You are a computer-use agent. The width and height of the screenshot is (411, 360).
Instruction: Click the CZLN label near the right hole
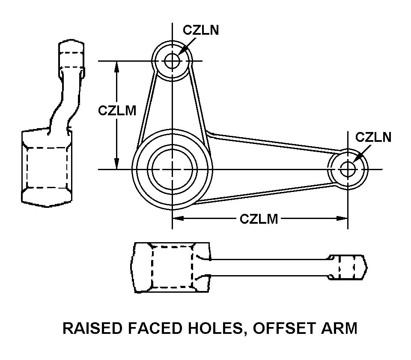coord(373,137)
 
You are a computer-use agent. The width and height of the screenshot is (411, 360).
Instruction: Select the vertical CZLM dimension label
coord(117,111)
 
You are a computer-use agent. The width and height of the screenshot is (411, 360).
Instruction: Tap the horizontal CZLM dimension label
coord(259,219)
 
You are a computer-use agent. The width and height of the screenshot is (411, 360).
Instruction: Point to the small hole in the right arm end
coord(348,169)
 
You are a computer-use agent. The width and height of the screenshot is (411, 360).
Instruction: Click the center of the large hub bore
coord(173,169)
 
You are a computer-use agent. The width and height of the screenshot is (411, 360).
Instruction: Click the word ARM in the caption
coord(339,328)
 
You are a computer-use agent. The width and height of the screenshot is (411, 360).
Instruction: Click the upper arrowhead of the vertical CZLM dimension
coord(116,65)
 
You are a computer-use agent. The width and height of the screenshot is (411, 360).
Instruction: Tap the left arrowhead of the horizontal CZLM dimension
coord(178,219)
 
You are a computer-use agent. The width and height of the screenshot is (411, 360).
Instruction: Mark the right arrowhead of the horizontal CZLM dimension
coord(342,219)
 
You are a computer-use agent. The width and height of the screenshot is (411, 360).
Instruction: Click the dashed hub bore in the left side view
coord(47,167)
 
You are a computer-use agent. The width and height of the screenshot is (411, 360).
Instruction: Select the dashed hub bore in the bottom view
coord(173,267)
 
